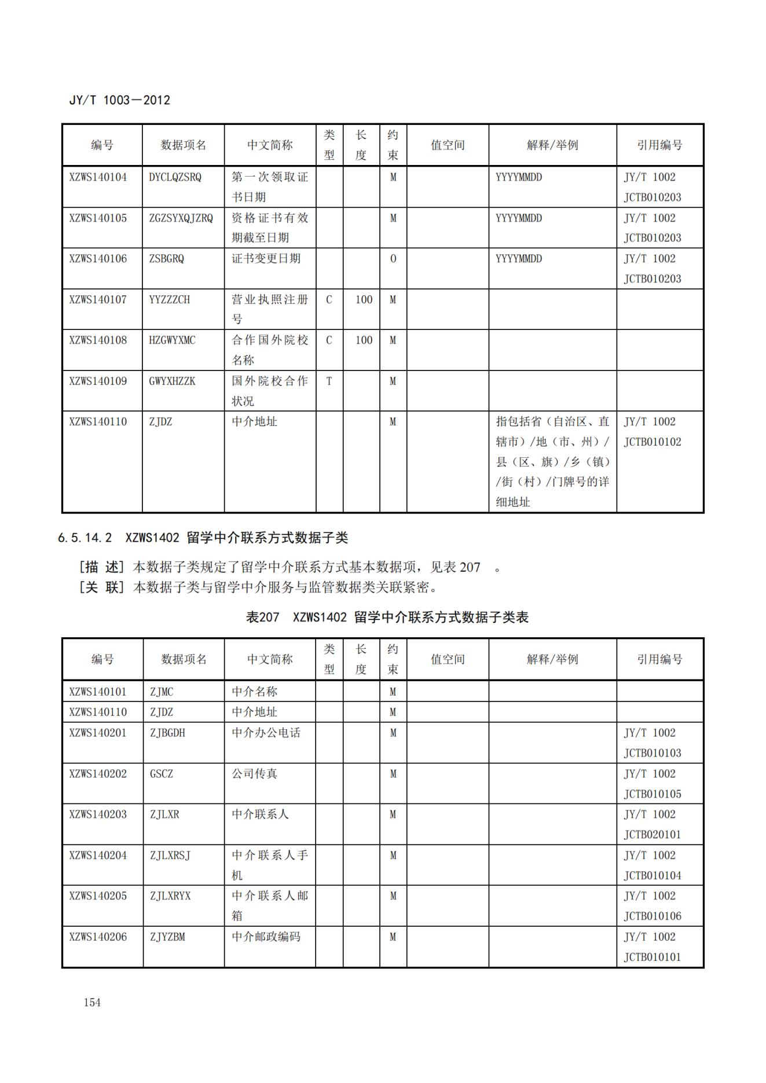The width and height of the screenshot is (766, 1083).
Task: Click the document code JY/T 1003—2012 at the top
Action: (119, 100)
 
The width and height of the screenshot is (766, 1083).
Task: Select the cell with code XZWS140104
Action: (98, 177)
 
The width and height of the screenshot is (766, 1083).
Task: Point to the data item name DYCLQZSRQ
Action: (175, 177)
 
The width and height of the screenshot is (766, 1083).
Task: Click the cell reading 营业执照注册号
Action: (269, 309)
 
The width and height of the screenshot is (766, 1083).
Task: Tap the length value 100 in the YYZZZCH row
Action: (364, 300)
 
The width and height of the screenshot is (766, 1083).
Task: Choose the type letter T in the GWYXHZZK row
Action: (329, 381)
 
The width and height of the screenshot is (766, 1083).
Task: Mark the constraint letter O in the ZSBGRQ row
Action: (393, 259)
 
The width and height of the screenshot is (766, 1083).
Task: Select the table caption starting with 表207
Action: (387, 617)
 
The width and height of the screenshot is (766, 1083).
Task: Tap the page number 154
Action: (92, 1003)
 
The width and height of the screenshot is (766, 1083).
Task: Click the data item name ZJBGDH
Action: (167, 733)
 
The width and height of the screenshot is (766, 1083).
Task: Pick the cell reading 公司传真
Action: (255, 774)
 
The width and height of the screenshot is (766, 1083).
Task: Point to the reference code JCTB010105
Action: (652, 794)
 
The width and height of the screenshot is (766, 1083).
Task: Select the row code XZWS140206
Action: (98, 937)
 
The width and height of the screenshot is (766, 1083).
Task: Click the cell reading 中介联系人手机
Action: (269, 865)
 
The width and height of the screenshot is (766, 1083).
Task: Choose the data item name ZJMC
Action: (162, 692)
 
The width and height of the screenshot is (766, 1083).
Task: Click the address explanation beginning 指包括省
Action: (552, 461)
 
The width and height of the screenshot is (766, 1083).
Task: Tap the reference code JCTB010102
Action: (652, 442)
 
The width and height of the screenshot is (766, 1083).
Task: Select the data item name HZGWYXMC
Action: (172, 340)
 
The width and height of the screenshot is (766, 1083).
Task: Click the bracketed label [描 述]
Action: (101, 567)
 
